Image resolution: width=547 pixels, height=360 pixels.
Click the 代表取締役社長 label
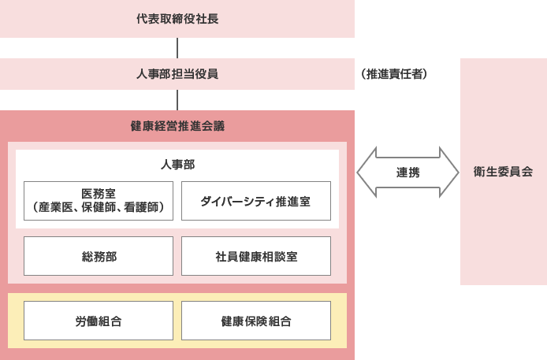click(x=177, y=19)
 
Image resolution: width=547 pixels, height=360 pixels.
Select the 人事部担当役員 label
click(x=177, y=75)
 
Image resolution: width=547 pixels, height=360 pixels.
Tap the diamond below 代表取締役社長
click(x=177, y=48)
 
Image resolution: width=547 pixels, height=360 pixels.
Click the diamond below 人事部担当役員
click(x=177, y=100)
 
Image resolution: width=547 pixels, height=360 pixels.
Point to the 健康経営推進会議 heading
click(x=177, y=126)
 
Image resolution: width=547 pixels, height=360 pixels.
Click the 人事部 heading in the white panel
click(x=177, y=165)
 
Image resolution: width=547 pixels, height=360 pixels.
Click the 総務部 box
click(x=99, y=256)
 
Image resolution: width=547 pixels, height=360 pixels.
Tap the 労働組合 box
click(x=99, y=321)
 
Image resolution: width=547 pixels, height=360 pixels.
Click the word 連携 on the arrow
click(x=407, y=172)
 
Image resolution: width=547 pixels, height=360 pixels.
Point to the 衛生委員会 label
click(x=504, y=171)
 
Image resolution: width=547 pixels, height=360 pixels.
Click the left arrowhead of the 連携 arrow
click(x=364, y=172)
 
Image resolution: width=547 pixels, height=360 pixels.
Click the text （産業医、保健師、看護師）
click(x=99, y=208)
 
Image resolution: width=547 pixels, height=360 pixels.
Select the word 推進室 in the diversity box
click(x=293, y=201)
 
